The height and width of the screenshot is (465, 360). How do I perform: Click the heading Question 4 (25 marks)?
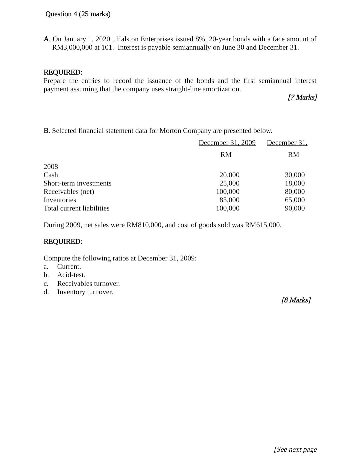point(78,14)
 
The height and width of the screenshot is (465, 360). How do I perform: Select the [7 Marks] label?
point(302,97)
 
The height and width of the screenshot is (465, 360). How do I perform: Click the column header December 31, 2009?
point(227,143)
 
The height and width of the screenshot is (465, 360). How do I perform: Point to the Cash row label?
point(51,175)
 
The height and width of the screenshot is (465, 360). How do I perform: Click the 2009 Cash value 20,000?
point(229,175)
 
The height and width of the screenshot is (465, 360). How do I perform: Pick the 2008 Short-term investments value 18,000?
point(295,183)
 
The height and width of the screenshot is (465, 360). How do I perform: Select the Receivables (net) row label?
point(69,192)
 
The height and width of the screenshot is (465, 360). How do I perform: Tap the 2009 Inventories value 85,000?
point(229,200)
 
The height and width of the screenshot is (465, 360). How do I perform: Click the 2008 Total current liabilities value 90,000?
point(295,208)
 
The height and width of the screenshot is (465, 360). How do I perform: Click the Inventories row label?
point(60,200)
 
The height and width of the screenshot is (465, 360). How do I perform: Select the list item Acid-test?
point(71,275)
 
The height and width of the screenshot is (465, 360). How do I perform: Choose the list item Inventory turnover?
point(85,292)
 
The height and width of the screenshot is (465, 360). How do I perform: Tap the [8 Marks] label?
point(296,300)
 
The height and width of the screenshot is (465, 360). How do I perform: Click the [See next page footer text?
point(295,449)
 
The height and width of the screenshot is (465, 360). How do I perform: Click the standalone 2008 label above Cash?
point(51,167)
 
